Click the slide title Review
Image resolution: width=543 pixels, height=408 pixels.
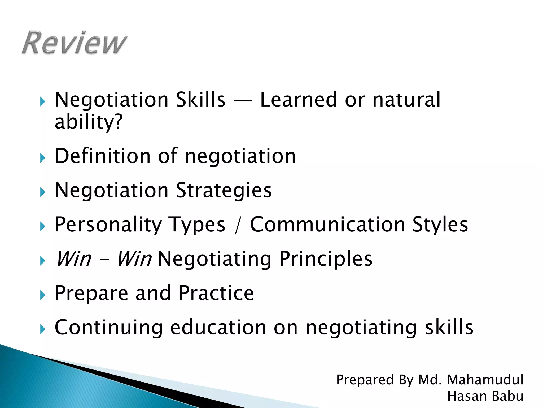pos(74,43)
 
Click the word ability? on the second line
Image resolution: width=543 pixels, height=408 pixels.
pos(89,122)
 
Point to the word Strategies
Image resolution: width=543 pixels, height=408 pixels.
pos(224,190)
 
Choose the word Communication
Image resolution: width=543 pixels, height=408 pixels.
pos(327,225)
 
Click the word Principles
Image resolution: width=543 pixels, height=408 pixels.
pos(326,259)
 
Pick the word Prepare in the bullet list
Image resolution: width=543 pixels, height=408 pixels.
pos(91,293)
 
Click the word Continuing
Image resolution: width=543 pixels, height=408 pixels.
pos(108,328)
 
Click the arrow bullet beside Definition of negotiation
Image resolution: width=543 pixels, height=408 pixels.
pos(43,158)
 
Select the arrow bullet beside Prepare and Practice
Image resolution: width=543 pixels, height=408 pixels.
pos(43,295)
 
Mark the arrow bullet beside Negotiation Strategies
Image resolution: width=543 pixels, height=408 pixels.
pos(43,192)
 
